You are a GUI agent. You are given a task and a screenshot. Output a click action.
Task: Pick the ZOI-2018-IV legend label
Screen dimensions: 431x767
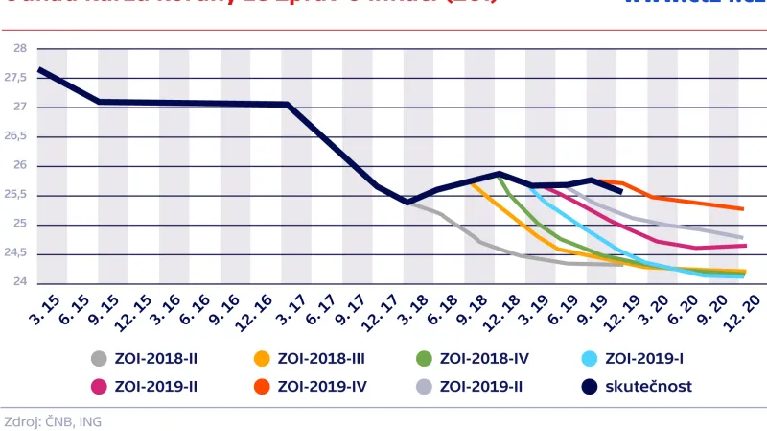click(x=484, y=360)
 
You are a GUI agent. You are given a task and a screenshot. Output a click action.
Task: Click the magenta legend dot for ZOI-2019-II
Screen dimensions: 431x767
click(x=98, y=387)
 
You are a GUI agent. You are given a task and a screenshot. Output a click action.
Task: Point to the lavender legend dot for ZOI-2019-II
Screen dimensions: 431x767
click(x=424, y=387)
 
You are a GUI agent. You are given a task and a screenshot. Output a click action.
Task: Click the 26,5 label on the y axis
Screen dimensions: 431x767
click(x=16, y=136)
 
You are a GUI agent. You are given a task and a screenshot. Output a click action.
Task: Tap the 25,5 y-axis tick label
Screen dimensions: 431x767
click(x=16, y=195)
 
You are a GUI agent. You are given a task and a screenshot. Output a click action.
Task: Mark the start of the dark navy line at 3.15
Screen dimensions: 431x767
click(x=38, y=69)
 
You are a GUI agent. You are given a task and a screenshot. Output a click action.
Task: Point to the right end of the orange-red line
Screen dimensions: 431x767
click(x=743, y=208)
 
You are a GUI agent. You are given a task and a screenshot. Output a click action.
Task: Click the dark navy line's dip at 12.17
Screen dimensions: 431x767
click(x=407, y=202)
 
